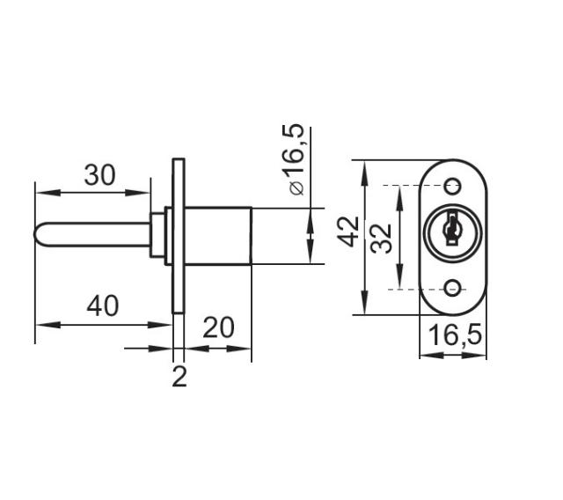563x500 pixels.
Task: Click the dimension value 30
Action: pyautogui.click(x=99, y=175)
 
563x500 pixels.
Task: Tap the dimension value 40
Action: pyautogui.click(x=102, y=306)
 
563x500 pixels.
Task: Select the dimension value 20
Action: pyautogui.click(x=219, y=327)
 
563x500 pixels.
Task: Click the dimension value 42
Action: pyautogui.click(x=350, y=232)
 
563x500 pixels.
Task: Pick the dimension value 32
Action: pyautogui.click(x=381, y=238)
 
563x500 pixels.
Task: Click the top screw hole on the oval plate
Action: pyautogui.click(x=453, y=186)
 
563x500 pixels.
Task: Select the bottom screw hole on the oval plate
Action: pyautogui.click(x=453, y=288)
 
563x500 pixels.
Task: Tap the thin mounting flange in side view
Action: pyautogui.click(x=179, y=235)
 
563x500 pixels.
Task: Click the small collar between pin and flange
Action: pyautogui.click(x=159, y=235)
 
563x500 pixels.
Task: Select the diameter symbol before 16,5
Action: pyautogui.click(x=296, y=187)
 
